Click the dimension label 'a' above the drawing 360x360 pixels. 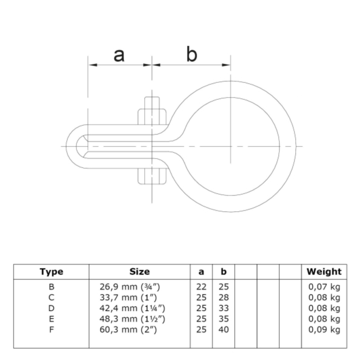coord(119,55)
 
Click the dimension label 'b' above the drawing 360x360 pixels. coord(192,54)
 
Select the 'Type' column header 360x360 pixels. coord(51,272)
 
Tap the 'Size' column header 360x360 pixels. coord(140,272)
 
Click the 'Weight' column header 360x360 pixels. coord(324,272)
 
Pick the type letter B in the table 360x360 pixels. coord(51,287)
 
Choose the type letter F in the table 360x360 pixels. coord(51,329)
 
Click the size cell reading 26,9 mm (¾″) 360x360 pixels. coord(130,287)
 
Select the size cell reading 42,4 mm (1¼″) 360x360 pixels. coord(132,308)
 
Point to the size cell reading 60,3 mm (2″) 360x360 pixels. coord(128,330)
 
